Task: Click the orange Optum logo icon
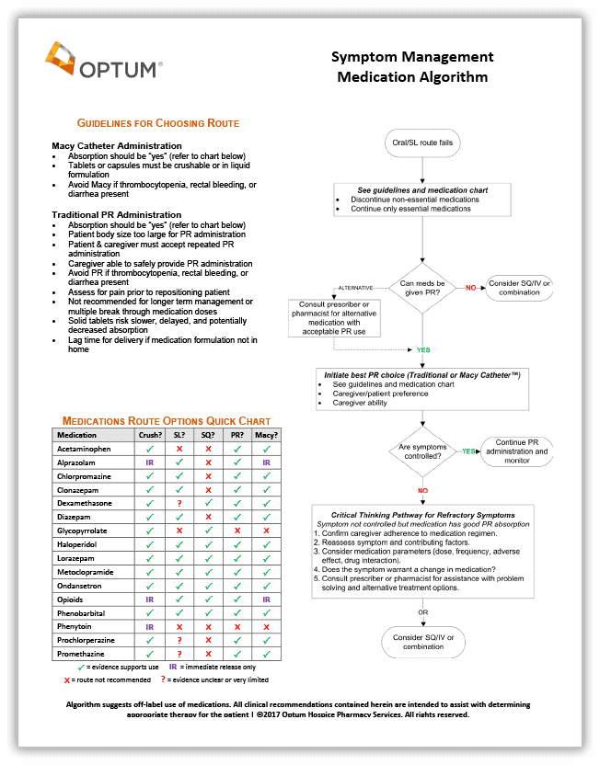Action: pos(60,59)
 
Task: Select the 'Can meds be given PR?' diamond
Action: pos(422,289)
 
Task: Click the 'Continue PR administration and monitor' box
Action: pos(517,451)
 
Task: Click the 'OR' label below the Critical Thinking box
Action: pos(422,611)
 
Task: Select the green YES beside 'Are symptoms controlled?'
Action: pos(468,451)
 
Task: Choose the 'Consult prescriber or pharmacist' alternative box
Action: pos(334,318)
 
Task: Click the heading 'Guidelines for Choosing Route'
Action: pos(157,123)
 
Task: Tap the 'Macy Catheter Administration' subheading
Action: pos(117,146)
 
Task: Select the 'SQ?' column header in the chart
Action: pos(209,435)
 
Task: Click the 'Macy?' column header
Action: pos(266,435)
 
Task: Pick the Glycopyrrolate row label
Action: pos(83,531)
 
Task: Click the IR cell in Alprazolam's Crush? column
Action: pos(149,462)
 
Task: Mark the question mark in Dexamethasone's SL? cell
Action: pos(179,504)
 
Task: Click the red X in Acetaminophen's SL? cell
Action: pos(179,449)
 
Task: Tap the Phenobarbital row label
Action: pos(81,612)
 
